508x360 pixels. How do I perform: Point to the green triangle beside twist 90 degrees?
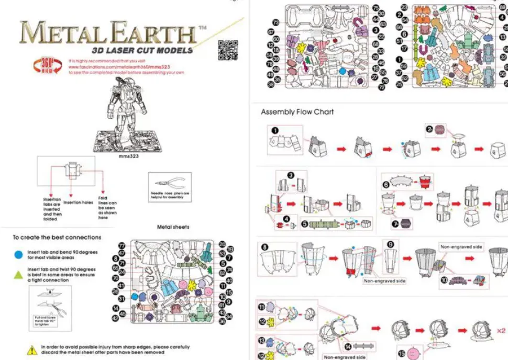(x=19, y=274)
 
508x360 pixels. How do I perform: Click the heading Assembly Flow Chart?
(x=297, y=111)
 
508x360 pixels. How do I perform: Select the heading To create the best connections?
(x=57, y=237)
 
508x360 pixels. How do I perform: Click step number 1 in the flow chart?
(x=275, y=131)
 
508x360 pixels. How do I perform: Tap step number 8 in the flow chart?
(x=264, y=246)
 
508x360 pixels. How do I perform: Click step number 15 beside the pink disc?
(x=402, y=354)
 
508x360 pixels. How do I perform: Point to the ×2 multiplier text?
(x=500, y=331)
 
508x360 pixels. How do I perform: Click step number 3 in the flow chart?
(x=291, y=176)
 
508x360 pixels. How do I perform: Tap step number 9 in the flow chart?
(x=390, y=244)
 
